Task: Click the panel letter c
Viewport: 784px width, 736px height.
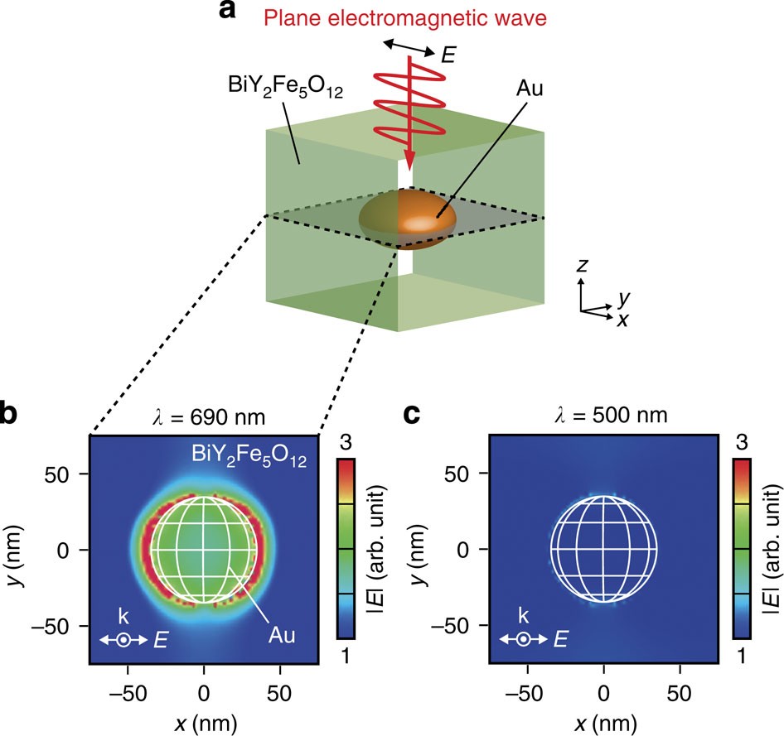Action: coord(412,413)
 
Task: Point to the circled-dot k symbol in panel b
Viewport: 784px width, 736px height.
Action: coord(123,639)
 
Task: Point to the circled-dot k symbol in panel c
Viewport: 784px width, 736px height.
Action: coord(524,639)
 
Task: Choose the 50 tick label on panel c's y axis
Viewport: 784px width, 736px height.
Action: coord(466,474)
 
